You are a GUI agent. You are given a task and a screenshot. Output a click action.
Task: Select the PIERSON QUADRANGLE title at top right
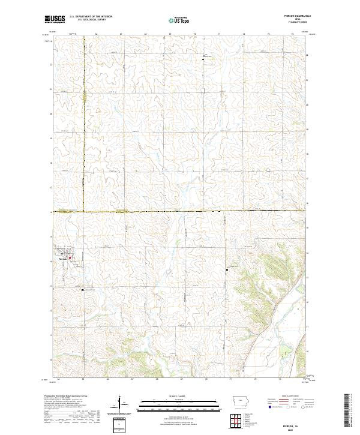click(292, 16)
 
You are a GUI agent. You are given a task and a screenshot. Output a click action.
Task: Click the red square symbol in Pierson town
click(70, 259)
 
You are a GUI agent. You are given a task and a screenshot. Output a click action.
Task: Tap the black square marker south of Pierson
click(83, 290)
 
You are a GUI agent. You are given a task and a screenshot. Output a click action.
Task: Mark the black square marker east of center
click(227, 271)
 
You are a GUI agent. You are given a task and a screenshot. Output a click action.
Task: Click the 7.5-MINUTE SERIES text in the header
click(292, 23)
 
